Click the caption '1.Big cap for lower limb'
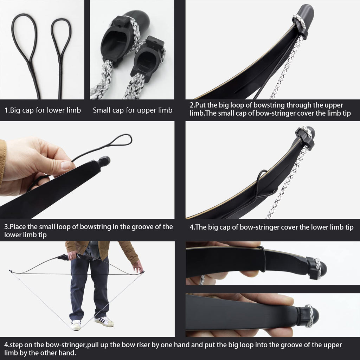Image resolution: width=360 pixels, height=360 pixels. point(43,110)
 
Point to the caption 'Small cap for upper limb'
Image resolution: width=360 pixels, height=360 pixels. point(133,110)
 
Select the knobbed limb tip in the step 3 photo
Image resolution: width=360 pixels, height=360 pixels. point(104,161)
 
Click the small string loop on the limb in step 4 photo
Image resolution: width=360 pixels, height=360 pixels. point(262,179)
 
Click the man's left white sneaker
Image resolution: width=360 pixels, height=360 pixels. point(76,324)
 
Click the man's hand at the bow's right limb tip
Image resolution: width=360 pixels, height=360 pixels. point(137,266)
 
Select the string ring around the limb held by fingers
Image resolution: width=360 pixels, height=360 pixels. point(262,258)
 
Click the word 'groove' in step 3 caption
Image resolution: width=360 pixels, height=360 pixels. point(133,227)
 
